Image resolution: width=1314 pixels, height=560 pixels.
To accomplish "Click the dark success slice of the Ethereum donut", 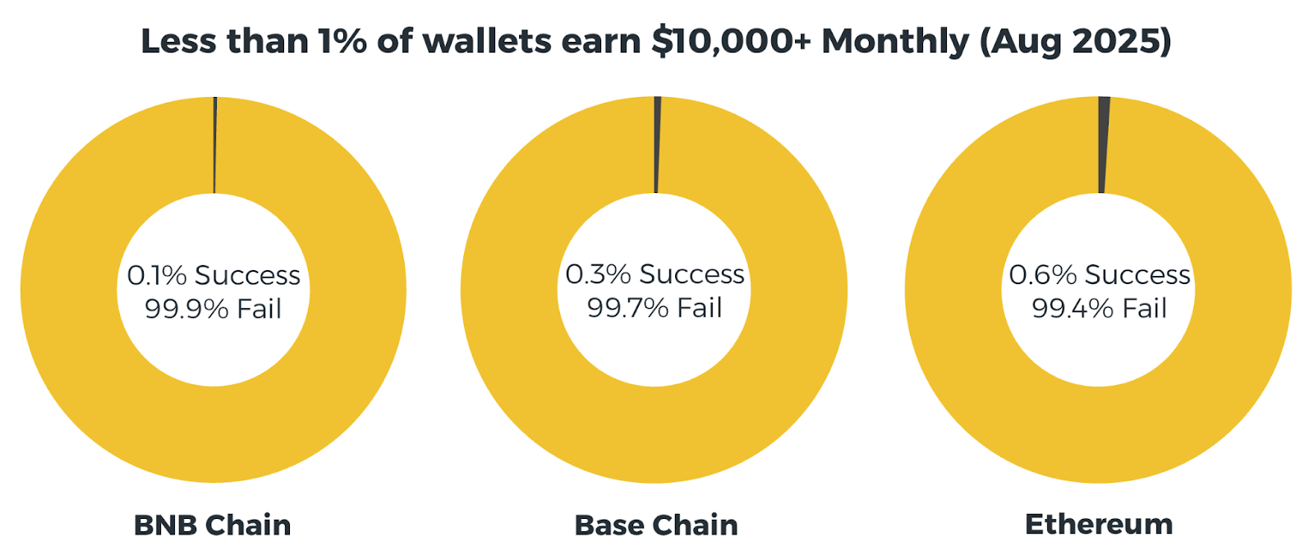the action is (x=1104, y=145).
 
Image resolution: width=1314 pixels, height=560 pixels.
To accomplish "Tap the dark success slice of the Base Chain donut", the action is (x=657, y=145).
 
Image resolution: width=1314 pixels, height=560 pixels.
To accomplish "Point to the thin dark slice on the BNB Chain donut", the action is (x=214, y=145).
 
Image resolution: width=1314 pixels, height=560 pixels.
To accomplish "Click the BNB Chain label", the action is (x=213, y=525).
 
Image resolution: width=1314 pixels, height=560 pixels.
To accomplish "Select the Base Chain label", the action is (x=656, y=525).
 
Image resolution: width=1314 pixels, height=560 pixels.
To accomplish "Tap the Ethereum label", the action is (x=1099, y=524).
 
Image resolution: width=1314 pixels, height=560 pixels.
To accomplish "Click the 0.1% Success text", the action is (x=214, y=275).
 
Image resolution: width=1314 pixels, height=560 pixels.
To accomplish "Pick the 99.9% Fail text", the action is (x=214, y=309).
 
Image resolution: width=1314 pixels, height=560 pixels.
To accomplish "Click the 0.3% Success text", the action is (x=655, y=274).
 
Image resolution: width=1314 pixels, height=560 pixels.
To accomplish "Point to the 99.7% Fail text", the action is (x=655, y=307).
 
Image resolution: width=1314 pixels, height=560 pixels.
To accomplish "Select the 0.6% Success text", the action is (x=1100, y=274).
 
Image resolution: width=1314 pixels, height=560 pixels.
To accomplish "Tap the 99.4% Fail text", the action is (x=1100, y=308).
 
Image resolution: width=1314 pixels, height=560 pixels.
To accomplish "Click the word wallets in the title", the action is (x=487, y=41).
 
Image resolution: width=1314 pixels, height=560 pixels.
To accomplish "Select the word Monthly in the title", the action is (x=895, y=42).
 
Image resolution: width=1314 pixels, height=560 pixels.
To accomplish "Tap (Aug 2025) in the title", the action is (x=1076, y=42).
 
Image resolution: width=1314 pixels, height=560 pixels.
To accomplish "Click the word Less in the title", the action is (x=179, y=42).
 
